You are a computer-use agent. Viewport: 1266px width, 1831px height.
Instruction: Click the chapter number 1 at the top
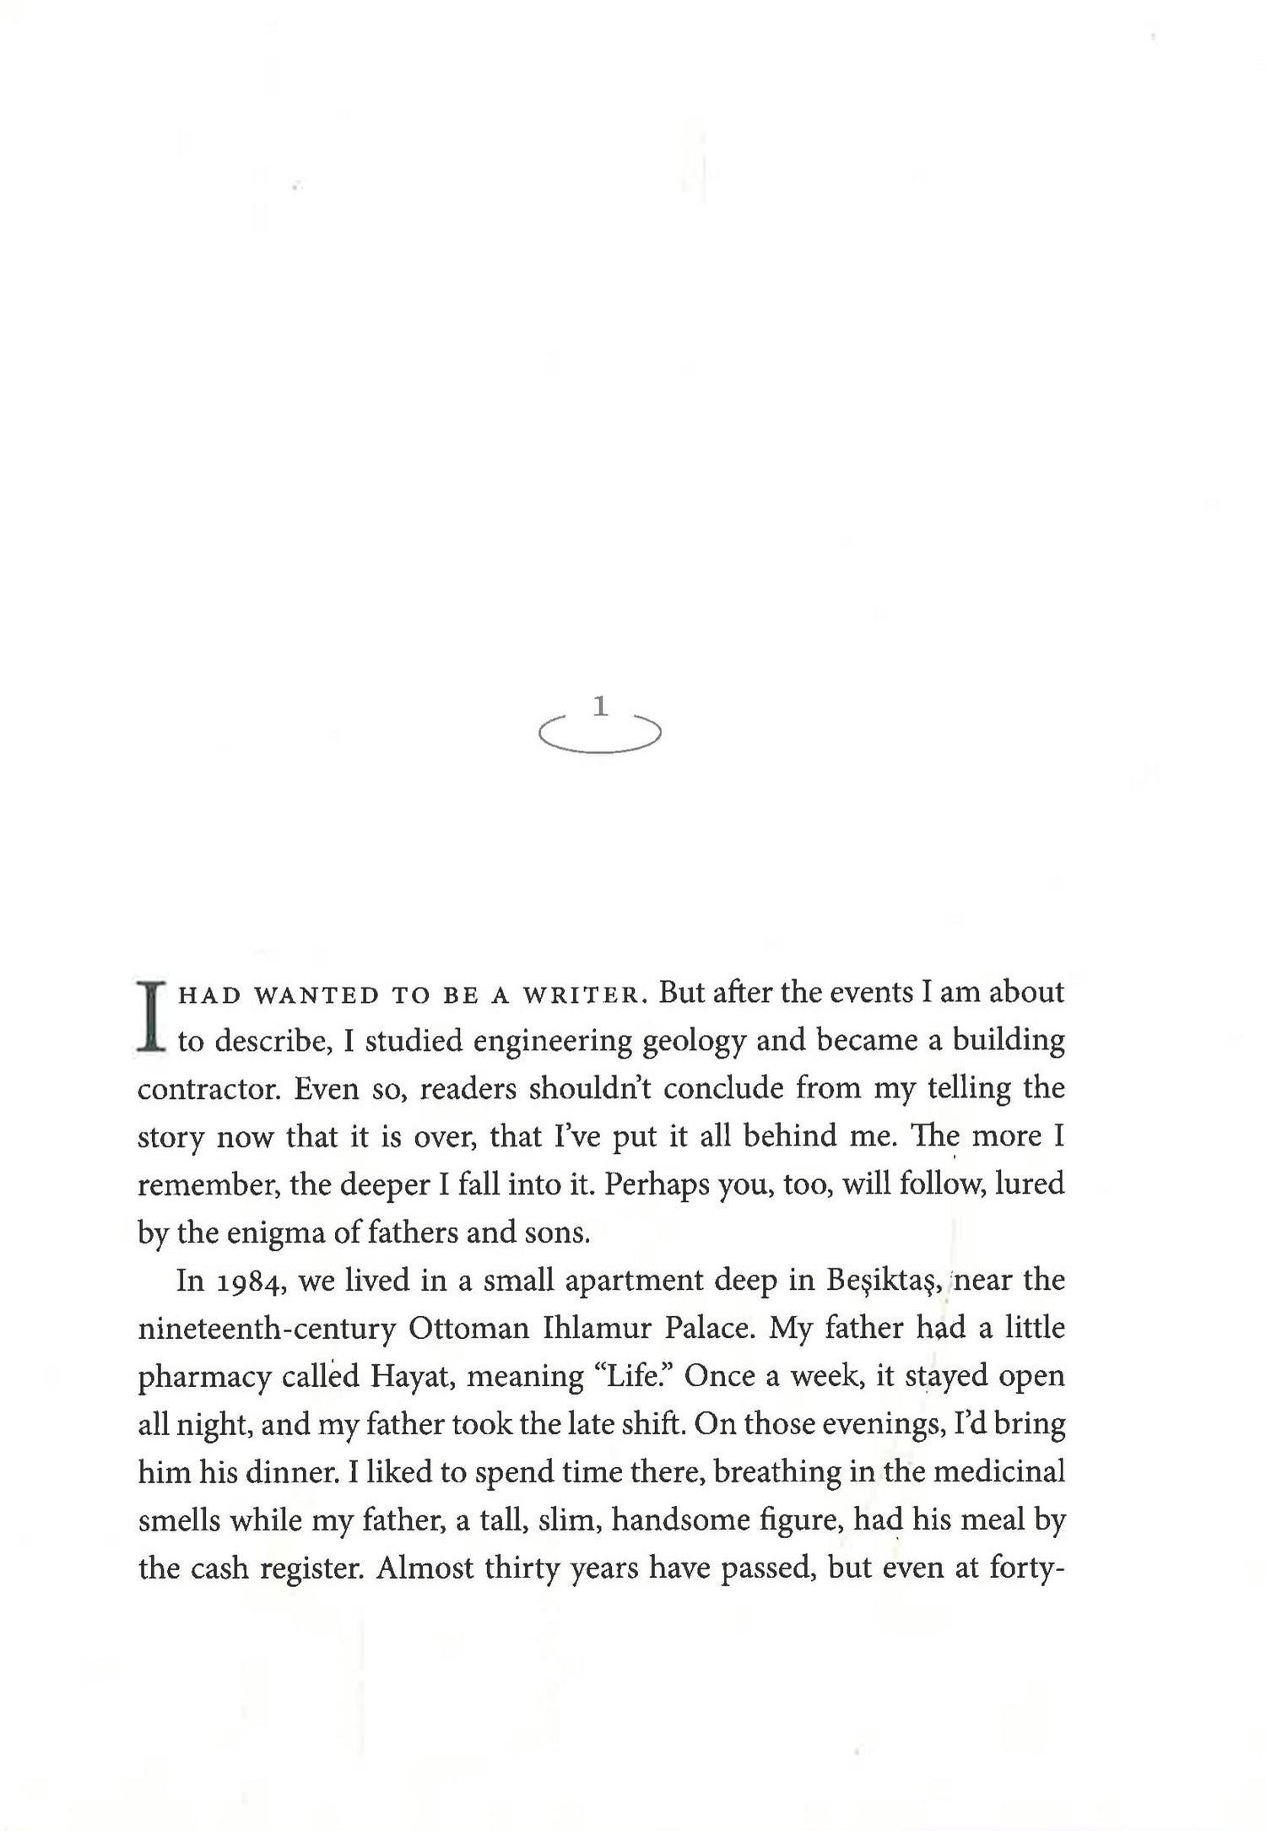pos(600,706)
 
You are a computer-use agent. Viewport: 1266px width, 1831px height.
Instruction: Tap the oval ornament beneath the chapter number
pos(600,737)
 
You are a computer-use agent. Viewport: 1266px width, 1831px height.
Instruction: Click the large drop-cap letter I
pos(152,1016)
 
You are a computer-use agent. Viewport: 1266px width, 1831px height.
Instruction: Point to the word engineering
pos(553,1041)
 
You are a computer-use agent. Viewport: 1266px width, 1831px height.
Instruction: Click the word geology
pos(694,1043)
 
